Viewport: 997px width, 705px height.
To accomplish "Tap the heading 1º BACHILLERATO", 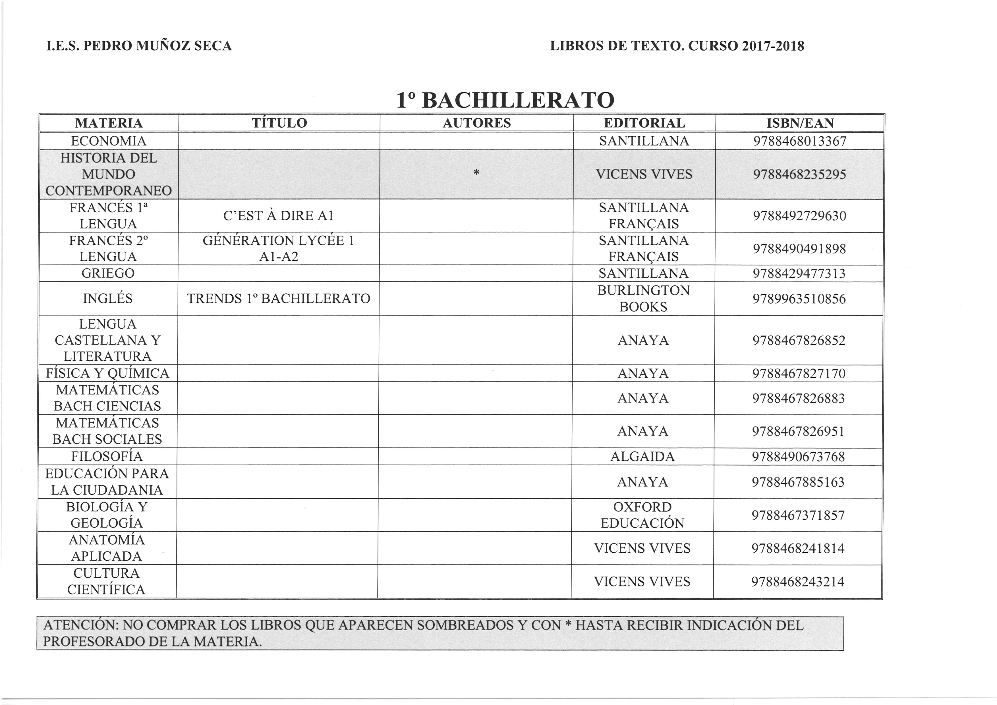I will [x=505, y=100].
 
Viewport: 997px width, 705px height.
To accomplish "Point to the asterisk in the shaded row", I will [x=476, y=173].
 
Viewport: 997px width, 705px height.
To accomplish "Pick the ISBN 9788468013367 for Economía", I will [x=800, y=141].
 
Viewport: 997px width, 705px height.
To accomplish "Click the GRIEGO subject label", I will [x=108, y=273].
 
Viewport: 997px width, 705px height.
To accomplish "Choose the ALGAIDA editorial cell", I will [x=643, y=457].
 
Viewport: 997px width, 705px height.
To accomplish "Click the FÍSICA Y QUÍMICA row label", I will [x=108, y=373].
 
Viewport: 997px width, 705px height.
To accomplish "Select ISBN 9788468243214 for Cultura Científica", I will [x=798, y=582].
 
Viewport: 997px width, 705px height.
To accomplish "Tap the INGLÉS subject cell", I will [x=108, y=299].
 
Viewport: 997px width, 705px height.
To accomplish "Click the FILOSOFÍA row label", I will [x=107, y=457].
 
